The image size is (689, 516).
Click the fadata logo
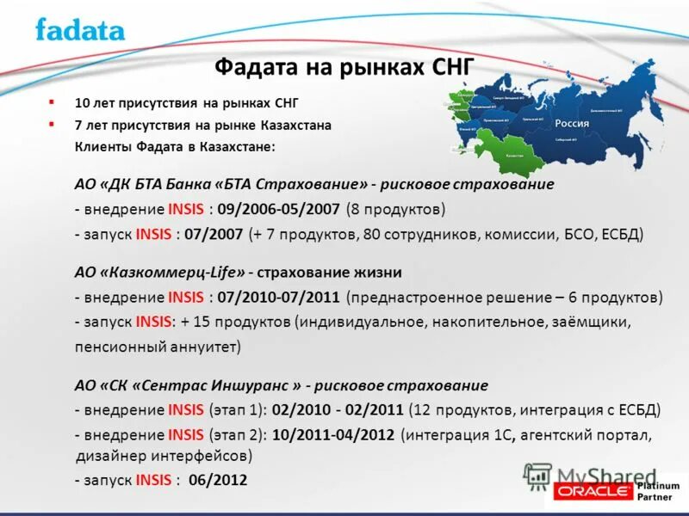click(x=80, y=30)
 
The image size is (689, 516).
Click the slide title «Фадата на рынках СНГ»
click(x=344, y=67)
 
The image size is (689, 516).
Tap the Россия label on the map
click(x=571, y=123)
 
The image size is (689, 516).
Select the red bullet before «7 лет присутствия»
click(x=52, y=124)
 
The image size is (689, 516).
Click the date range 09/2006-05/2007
click(x=280, y=209)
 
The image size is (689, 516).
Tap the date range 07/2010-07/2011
click(x=279, y=298)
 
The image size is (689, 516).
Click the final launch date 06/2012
click(x=219, y=480)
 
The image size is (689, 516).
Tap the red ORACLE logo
click(x=593, y=492)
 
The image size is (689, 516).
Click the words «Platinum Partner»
click(x=659, y=492)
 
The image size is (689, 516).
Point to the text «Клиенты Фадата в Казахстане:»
click(x=176, y=146)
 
